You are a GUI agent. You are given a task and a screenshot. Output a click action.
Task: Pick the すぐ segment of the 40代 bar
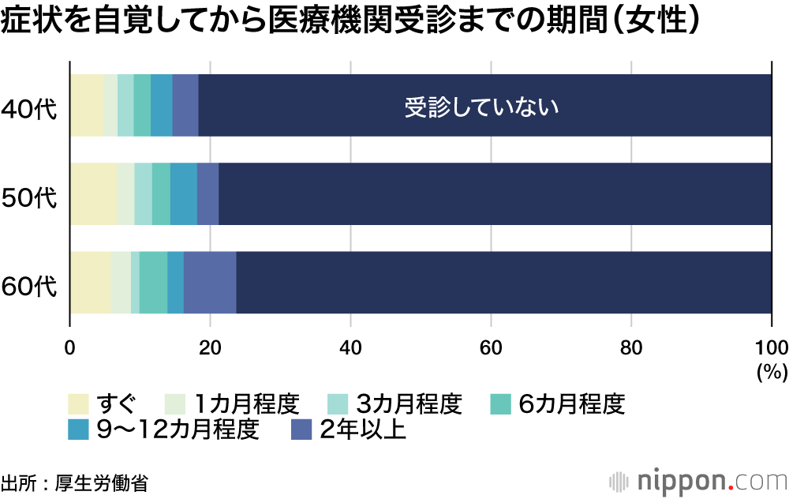[x=87, y=106]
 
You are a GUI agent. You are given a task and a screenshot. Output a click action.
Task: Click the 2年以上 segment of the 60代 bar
[x=210, y=283]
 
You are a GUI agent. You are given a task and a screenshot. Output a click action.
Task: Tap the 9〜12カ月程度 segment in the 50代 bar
[x=184, y=194]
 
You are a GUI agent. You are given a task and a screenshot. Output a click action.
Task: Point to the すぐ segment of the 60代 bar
[x=90, y=283]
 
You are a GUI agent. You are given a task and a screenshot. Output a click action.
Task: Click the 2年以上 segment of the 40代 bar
[x=185, y=106]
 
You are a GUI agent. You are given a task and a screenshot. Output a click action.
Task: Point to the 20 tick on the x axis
[x=210, y=346]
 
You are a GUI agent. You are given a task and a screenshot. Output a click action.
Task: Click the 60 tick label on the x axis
[x=491, y=346]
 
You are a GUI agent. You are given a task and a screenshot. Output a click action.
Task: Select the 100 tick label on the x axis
[x=770, y=346]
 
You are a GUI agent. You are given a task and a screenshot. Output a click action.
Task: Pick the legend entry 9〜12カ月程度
[x=178, y=430]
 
